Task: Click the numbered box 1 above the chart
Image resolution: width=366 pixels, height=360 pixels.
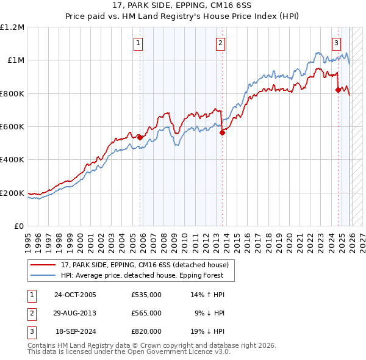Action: point(139,43)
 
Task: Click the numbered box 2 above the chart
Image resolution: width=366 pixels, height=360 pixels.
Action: point(220,43)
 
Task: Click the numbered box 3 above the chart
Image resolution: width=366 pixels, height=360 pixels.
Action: point(337,43)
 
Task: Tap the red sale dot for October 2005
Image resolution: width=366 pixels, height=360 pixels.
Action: point(140,137)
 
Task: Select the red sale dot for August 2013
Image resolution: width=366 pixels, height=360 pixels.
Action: point(223,132)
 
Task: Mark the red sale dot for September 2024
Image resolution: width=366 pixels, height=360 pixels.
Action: point(339,90)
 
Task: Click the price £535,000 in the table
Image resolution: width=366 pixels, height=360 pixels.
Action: point(146,295)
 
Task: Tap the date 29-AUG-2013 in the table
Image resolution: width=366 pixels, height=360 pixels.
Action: point(75,312)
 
